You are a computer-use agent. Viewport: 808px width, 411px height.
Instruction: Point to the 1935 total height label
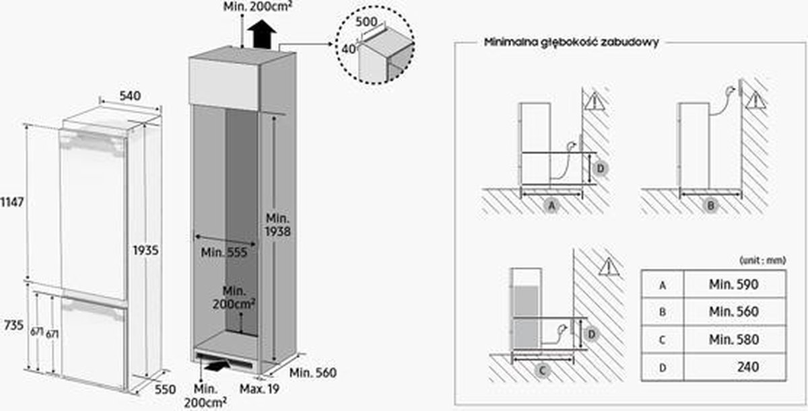tap(145, 250)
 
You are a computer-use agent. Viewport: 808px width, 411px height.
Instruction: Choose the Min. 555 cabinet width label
tap(224, 252)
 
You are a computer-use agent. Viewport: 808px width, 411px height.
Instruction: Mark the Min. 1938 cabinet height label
tap(277, 225)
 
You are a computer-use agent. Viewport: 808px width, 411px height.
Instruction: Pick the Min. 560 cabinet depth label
tap(312, 373)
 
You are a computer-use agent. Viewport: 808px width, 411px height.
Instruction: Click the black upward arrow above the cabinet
tap(262, 34)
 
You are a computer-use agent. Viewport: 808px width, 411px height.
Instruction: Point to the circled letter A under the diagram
tap(551, 206)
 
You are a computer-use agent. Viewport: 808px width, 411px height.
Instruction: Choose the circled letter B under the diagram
tap(710, 206)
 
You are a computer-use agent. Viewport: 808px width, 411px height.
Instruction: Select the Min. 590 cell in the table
tap(733, 285)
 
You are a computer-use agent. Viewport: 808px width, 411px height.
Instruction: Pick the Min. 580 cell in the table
tap(733, 340)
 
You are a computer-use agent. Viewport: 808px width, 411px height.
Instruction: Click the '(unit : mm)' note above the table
tap(762, 259)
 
